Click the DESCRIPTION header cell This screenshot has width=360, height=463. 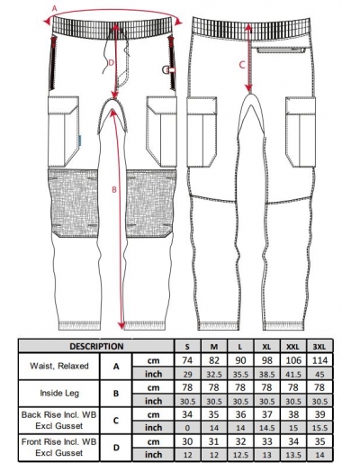96,346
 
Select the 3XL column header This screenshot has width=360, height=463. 319,347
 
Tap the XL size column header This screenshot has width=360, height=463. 266,347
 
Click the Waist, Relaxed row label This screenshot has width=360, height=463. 59,366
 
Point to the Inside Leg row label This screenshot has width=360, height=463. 59,393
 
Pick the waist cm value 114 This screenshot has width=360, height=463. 319,360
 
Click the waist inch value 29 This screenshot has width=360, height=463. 187,374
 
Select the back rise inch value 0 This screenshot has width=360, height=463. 187,428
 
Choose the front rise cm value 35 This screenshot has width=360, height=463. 319,441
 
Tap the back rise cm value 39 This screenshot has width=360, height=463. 319,414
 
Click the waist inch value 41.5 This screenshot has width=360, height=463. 293,374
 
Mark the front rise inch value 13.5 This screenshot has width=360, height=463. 293,455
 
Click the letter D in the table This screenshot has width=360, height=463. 116,448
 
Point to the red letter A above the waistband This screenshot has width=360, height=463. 54,8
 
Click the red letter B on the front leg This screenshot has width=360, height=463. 114,190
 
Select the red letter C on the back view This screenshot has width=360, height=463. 242,65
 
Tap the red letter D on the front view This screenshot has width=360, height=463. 111,63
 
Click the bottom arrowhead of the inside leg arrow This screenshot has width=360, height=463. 121,325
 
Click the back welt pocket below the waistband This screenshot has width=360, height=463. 281,50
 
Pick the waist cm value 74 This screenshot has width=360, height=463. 187,360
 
